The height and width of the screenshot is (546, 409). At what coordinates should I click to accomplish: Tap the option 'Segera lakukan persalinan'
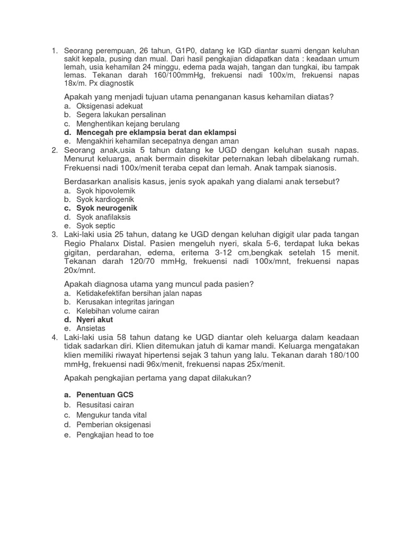pyautogui.click(x=121, y=115)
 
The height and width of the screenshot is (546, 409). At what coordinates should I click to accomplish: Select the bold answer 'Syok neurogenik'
pyautogui.click(x=107, y=208)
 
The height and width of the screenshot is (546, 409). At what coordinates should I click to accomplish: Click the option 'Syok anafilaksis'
pyautogui.click(x=103, y=217)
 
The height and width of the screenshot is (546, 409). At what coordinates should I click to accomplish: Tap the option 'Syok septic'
pyautogui.click(x=96, y=226)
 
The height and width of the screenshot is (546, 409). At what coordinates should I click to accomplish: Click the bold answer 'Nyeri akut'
pyautogui.click(x=95, y=319)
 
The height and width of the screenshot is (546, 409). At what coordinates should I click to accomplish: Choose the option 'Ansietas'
pyautogui.click(x=91, y=328)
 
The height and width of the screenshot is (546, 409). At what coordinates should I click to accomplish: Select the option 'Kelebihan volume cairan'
pyautogui.click(x=118, y=311)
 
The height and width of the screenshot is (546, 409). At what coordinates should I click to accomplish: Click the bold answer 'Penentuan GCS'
pyautogui.click(x=105, y=395)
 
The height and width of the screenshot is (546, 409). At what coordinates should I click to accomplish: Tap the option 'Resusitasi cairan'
pyautogui.click(x=105, y=405)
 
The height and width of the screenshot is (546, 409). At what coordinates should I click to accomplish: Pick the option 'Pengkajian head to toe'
pyautogui.click(x=115, y=435)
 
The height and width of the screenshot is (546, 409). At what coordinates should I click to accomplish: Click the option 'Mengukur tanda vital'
pyautogui.click(x=111, y=415)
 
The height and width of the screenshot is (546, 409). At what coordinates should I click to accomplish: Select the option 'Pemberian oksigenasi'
pyautogui.click(x=113, y=424)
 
